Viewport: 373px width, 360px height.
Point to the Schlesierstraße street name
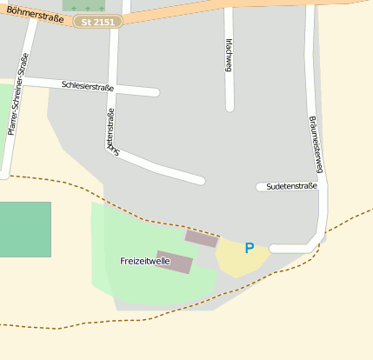coord(88,86)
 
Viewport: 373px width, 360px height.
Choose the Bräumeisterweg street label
coord(314,136)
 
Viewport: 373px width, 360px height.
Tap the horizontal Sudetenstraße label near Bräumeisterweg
coord(292,186)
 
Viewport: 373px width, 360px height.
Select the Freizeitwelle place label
coord(144,261)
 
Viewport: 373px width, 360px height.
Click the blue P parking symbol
coord(250,249)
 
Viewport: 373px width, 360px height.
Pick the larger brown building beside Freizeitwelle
coord(174,262)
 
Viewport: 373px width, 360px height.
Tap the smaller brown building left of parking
coord(202,238)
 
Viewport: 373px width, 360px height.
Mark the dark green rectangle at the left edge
coord(24,229)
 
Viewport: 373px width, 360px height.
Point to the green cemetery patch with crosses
coord(88,5)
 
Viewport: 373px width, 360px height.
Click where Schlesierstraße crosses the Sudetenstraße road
coord(112,88)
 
